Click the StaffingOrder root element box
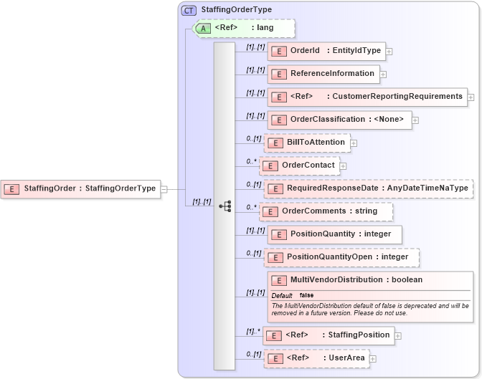80,188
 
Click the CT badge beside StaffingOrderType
189,9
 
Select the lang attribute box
245,28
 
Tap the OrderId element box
326,51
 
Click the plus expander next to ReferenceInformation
384,74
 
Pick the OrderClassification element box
339,120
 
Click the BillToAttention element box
307,143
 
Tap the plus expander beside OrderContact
343,166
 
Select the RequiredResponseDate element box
368,188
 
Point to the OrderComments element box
326,211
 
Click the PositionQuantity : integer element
334,234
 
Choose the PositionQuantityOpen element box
341,257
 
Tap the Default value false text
306,295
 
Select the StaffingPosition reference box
327,335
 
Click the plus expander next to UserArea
373,358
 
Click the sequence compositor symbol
225,206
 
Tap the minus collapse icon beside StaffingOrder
164,189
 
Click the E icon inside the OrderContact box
271,166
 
